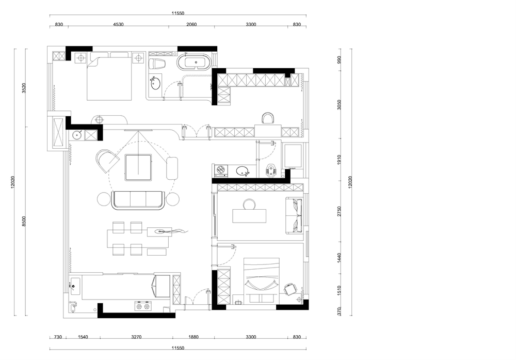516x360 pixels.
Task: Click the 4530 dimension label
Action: click(x=118, y=24)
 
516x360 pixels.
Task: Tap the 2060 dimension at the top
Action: click(x=191, y=24)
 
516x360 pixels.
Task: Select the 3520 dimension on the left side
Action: click(x=24, y=88)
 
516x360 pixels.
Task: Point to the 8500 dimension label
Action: click(x=24, y=222)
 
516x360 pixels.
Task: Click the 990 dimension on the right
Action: click(x=340, y=59)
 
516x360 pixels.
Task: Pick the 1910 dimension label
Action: click(x=340, y=160)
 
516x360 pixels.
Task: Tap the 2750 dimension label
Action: click(x=340, y=211)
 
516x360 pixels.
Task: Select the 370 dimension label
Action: click(x=340, y=311)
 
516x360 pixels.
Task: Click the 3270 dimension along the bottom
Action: click(x=136, y=337)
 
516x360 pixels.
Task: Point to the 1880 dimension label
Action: click(x=193, y=337)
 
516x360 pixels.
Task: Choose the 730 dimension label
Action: click(x=58, y=337)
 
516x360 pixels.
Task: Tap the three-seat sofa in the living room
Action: click(x=138, y=200)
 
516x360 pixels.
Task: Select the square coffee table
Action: click(x=138, y=167)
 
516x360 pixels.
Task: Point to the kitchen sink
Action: click(x=75, y=286)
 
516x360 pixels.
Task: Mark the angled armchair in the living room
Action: click(x=106, y=161)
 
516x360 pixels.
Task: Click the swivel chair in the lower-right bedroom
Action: click(x=290, y=290)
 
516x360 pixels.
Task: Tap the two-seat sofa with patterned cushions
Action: click(x=294, y=216)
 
